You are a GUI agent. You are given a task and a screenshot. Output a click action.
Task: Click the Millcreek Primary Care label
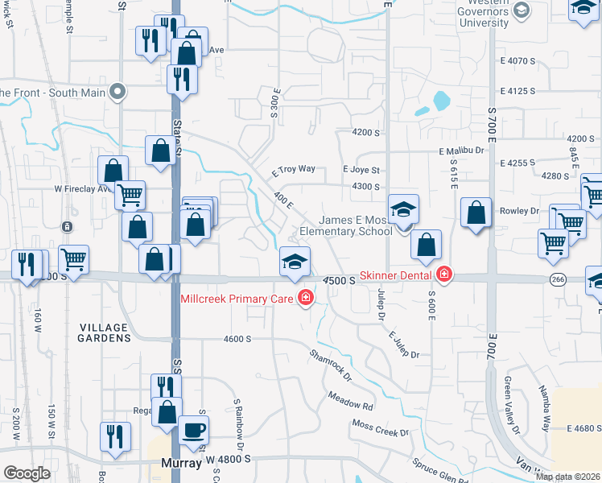237,299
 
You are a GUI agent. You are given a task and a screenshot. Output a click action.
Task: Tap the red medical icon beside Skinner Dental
443,275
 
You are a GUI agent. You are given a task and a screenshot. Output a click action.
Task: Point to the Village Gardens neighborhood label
104,333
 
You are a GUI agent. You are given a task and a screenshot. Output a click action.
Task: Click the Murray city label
180,463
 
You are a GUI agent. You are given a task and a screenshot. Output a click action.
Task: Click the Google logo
27,473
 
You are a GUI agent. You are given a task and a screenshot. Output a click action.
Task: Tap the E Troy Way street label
293,171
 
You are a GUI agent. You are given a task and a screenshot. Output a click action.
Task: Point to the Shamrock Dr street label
331,364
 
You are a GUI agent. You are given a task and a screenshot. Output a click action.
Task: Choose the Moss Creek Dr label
380,427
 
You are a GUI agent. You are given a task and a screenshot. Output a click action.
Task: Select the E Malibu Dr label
462,151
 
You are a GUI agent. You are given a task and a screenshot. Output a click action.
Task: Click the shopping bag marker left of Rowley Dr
476,213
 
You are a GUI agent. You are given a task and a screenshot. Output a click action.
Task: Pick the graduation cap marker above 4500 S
295,262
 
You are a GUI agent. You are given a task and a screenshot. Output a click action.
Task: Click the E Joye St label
361,170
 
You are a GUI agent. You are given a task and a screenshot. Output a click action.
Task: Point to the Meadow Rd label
351,400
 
